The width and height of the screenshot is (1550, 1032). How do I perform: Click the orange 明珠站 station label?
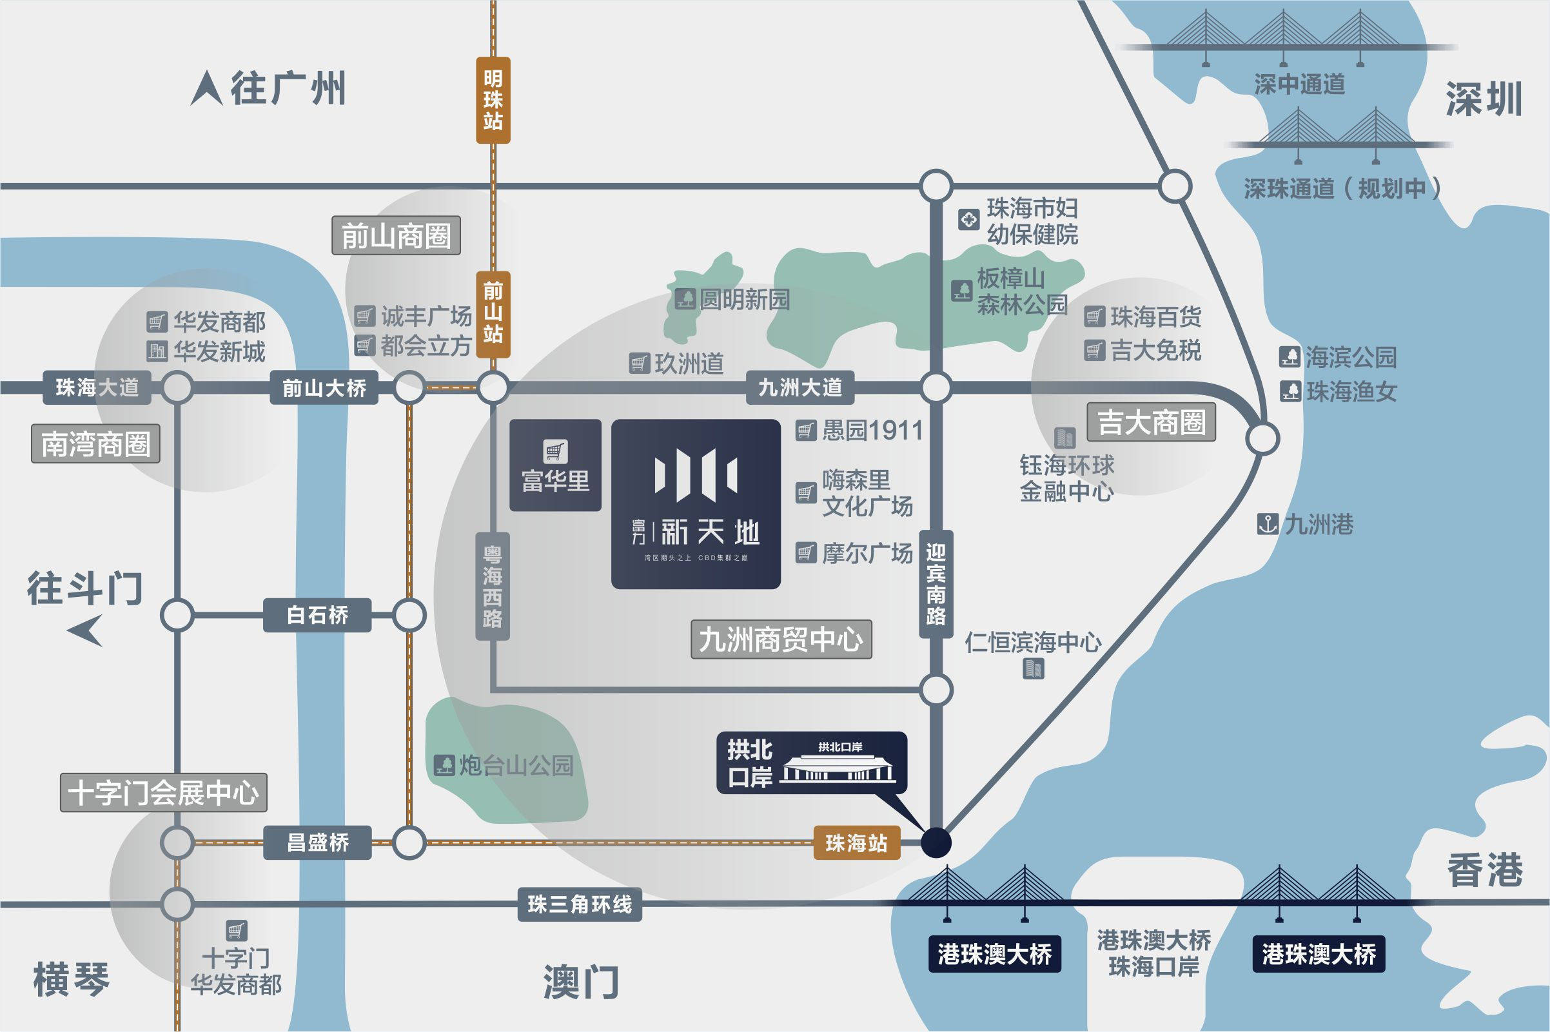click(x=493, y=100)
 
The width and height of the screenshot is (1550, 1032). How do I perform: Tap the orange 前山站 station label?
click(x=493, y=313)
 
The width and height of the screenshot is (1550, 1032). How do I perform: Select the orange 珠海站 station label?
click(x=856, y=842)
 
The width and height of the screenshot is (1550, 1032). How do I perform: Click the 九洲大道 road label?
click(x=800, y=387)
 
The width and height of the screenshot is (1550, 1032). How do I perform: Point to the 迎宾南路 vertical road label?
click(x=936, y=584)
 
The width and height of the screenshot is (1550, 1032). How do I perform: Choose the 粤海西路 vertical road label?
click(x=493, y=586)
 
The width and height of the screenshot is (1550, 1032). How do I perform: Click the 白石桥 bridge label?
click(x=317, y=616)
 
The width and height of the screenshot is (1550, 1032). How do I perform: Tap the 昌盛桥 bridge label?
click(x=317, y=842)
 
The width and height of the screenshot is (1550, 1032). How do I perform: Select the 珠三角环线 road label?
click(x=579, y=904)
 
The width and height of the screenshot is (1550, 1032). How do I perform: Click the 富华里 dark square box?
click(x=555, y=465)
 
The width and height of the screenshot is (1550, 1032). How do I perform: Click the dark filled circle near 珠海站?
click(x=936, y=842)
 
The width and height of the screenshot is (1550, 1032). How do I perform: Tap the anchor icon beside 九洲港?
click(x=1268, y=525)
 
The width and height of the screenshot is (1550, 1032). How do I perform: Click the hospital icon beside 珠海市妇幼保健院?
click(x=968, y=220)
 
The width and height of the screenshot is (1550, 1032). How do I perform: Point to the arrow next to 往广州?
click(x=207, y=89)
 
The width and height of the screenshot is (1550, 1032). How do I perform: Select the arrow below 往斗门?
click(x=87, y=630)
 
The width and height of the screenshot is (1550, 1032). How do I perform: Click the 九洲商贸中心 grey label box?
click(x=781, y=639)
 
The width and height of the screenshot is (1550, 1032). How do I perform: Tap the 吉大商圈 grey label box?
click(x=1150, y=422)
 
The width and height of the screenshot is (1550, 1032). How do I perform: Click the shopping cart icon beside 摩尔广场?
click(x=805, y=553)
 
